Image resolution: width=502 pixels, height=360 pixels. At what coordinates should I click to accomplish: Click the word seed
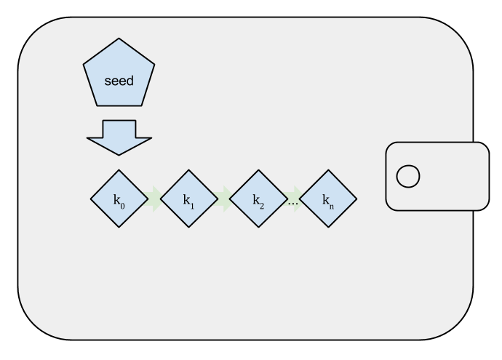point(119,81)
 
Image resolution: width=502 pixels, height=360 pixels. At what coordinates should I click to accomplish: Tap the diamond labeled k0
point(119,199)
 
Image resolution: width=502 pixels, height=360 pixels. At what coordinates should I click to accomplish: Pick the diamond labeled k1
point(188,199)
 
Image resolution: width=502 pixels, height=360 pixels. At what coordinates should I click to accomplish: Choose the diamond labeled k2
point(258,199)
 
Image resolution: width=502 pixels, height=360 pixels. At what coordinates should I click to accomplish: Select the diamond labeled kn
point(328,199)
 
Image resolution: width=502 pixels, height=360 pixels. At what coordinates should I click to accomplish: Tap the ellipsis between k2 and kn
point(293,203)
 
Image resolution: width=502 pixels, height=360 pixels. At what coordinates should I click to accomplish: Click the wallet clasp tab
point(437,175)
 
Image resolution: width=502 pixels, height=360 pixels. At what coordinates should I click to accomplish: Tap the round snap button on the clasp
point(407,175)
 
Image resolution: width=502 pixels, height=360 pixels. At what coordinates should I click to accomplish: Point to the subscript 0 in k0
point(122,205)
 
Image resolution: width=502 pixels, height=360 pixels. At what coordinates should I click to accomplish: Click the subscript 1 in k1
point(192,205)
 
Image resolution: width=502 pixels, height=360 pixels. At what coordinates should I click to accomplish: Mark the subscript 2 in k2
point(262,205)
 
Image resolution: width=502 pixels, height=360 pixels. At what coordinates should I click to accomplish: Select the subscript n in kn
point(332,205)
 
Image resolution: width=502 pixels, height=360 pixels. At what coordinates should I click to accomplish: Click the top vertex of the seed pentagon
point(119,39)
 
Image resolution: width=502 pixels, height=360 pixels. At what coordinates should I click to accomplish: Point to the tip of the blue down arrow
point(119,154)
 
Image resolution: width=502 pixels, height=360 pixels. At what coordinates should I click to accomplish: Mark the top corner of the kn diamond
point(328,171)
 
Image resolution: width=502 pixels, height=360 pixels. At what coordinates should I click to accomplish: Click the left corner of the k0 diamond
point(91,199)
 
